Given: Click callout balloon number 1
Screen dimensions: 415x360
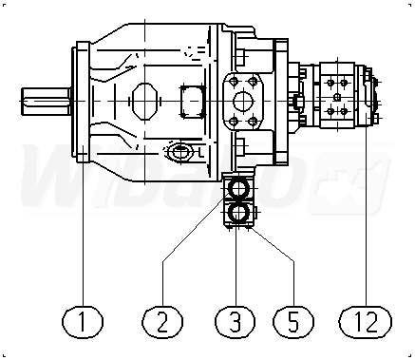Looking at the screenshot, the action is point(83,322).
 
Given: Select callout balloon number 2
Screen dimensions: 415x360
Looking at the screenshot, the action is point(162,322).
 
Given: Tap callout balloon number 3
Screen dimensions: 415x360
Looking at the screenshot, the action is point(236,322).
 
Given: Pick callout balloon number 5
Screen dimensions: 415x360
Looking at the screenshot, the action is point(293,322).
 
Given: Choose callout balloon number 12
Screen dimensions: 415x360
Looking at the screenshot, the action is point(366,322).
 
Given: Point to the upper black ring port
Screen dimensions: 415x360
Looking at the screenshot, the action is point(238,189).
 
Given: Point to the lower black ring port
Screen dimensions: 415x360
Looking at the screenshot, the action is point(238,213).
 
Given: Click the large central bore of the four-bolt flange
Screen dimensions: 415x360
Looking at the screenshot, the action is point(243,102).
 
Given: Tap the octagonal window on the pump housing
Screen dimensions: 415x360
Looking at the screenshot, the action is point(144,102).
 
